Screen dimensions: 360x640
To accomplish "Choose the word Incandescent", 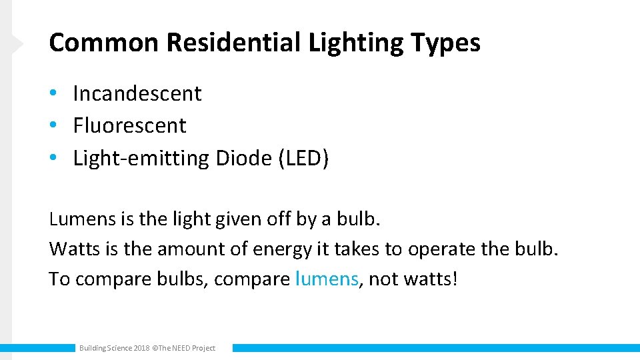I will [137, 93].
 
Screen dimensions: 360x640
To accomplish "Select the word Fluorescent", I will [129, 125].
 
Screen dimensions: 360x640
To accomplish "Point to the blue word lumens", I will [326, 279].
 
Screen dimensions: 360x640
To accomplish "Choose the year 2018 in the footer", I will [141, 348].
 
